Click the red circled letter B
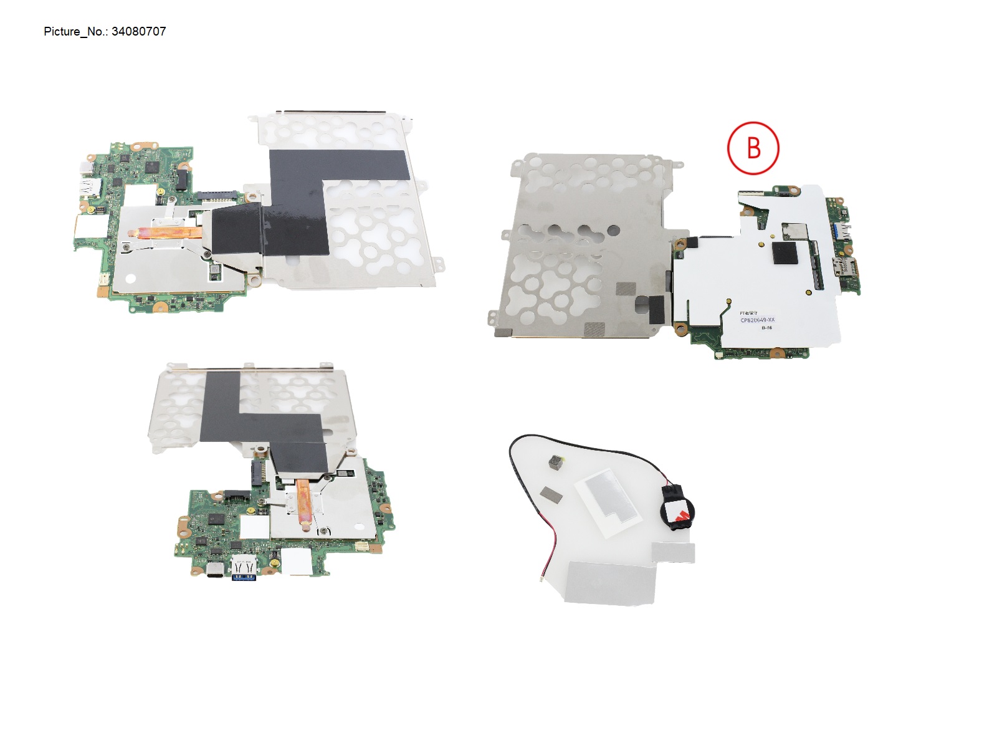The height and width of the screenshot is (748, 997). tap(753, 148)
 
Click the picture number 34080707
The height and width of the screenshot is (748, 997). tap(138, 32)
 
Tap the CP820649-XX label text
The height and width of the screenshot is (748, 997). tap(757, 320)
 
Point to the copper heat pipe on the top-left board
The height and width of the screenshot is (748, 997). tap(165, 233)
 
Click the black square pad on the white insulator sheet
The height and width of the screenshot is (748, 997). tap(785, 254)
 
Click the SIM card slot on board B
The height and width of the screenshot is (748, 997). tap(846, 267)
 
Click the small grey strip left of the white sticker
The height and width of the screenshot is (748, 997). tap(551, 494)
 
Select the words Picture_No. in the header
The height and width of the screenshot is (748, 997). tap(62, 32)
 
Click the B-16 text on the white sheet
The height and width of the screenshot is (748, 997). tap(766, 328)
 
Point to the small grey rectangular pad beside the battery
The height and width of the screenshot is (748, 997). tap(673, 552)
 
